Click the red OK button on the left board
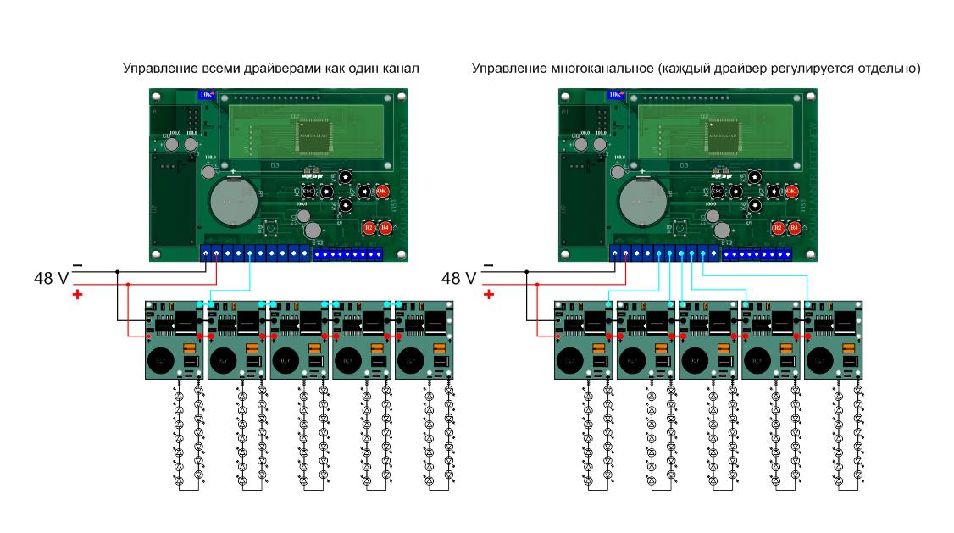click(x=381, y=192)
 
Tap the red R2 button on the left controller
click(x=369, y=227)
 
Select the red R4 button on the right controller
click(x=794, y=227)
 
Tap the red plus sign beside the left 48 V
click(x=77, y=294)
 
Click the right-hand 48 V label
click(x=459, y=277)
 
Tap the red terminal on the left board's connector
click(x=218, y=253)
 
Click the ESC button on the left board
click(x=308, y=192)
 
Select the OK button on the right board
click(x=790, y=192)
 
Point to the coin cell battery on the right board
click(x=641, y=203)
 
